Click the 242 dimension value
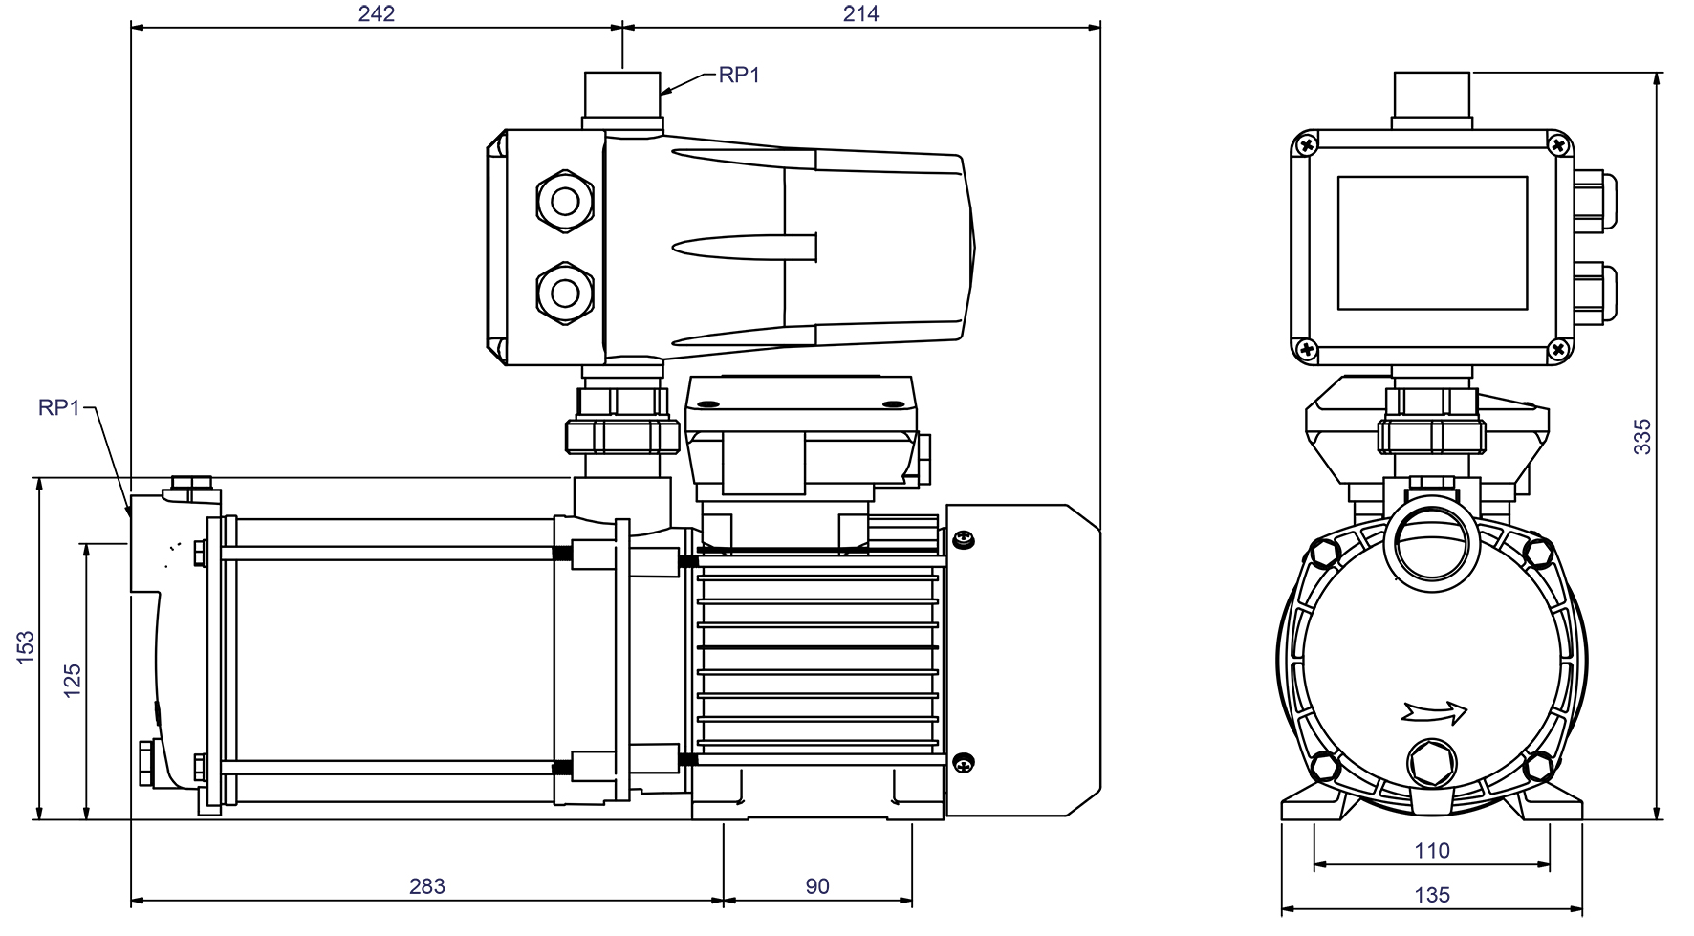[x=375, y=12]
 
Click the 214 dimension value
[x=860, y=12]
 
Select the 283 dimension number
[x=426, y=885]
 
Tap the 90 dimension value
[x=816, y=885]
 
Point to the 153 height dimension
[x=26, y=647]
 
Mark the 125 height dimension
[x=72, y=680]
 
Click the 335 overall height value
[x=1642, y=436]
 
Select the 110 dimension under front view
[x=1431, y=850]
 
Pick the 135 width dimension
[x=1431, y=895]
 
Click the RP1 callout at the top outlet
[x=739, y=75]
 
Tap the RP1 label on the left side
[x=58, y=407]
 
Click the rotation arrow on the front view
[x=1434, y=711]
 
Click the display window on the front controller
[x=1431, y=243]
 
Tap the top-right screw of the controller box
[x=1559, y=145]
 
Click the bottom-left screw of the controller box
[x=1306, y=350]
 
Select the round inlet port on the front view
[x=1431, y=550]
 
